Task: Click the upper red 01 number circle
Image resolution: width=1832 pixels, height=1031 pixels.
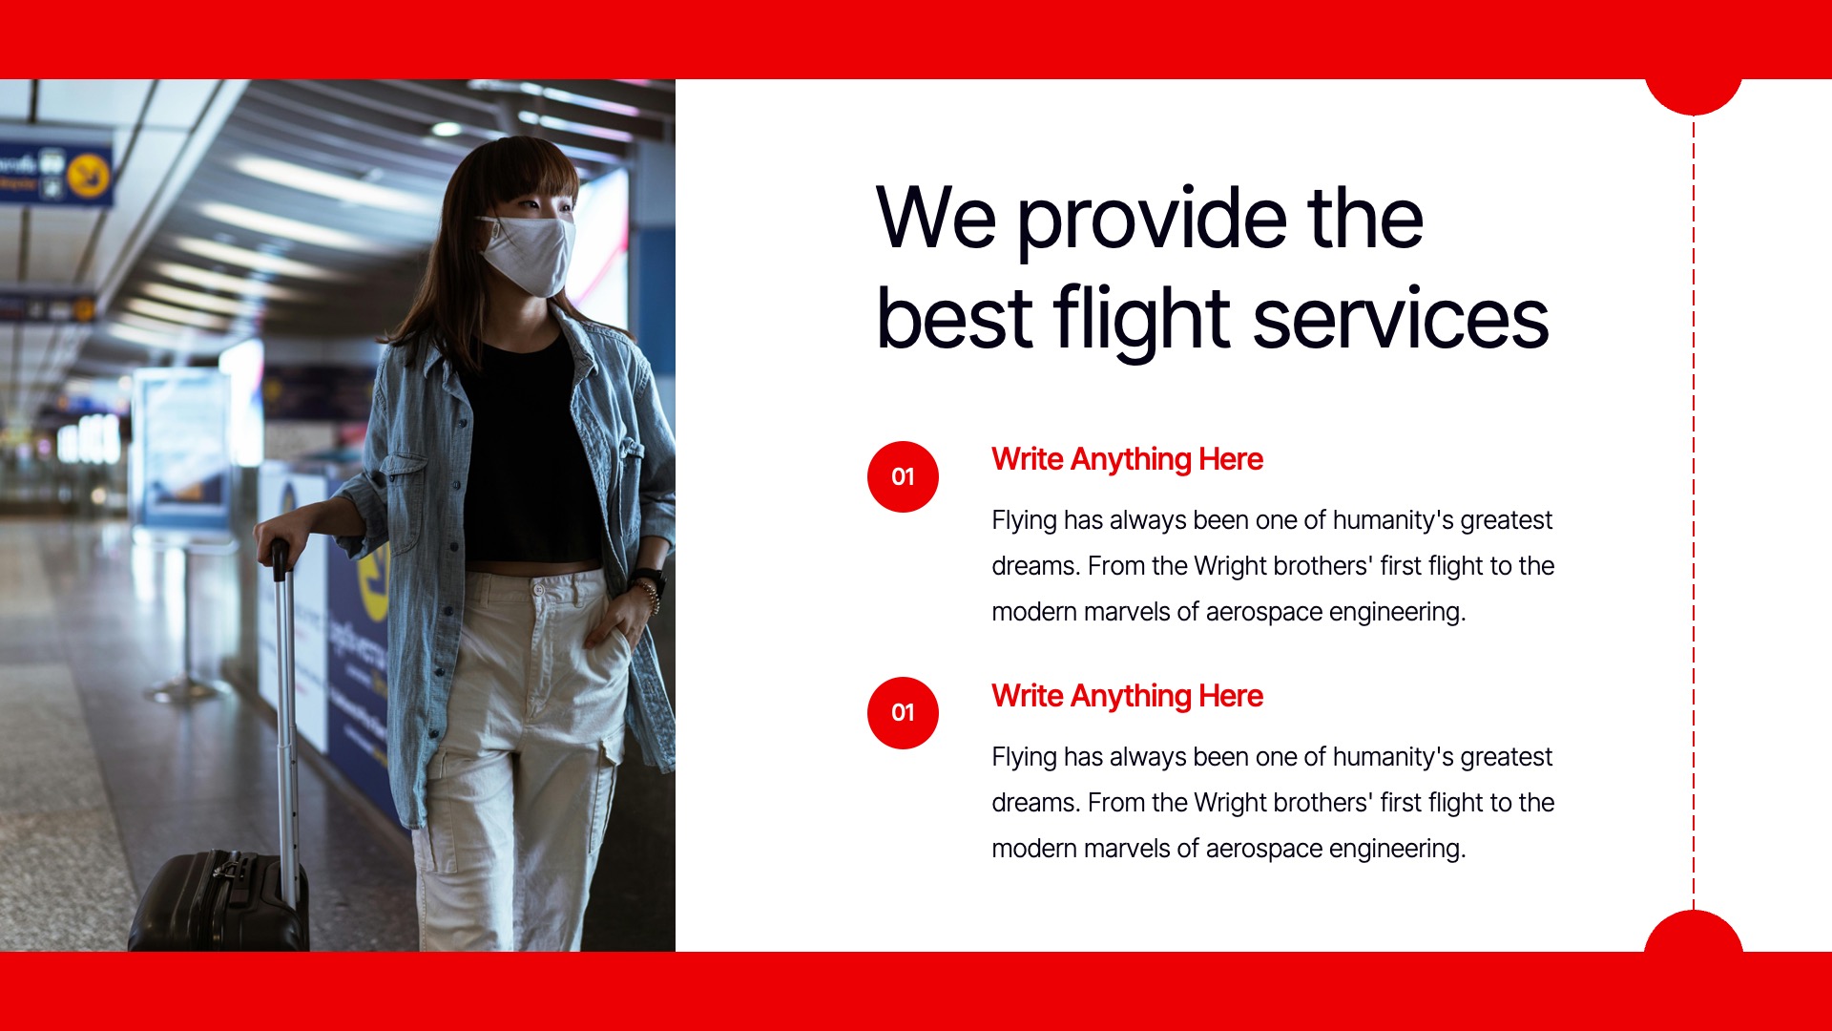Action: [x=903, y=476]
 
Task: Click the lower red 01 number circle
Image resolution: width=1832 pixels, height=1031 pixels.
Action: [x=903, y=713]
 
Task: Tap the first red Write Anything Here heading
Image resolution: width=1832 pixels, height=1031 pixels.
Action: [x=1127, y=459]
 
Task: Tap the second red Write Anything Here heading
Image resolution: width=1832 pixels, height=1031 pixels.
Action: [x=1127, y=696]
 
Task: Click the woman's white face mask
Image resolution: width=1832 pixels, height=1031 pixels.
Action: [x=528, y=254]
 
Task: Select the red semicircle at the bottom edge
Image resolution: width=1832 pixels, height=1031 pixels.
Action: [x=1694, y=933]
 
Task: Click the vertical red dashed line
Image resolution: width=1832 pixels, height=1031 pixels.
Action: [x=1694, y=515]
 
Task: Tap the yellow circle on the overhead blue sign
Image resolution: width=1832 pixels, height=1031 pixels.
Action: [x=89, y=175]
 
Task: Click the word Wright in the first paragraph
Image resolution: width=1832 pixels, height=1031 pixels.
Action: [x=1229, y=566]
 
